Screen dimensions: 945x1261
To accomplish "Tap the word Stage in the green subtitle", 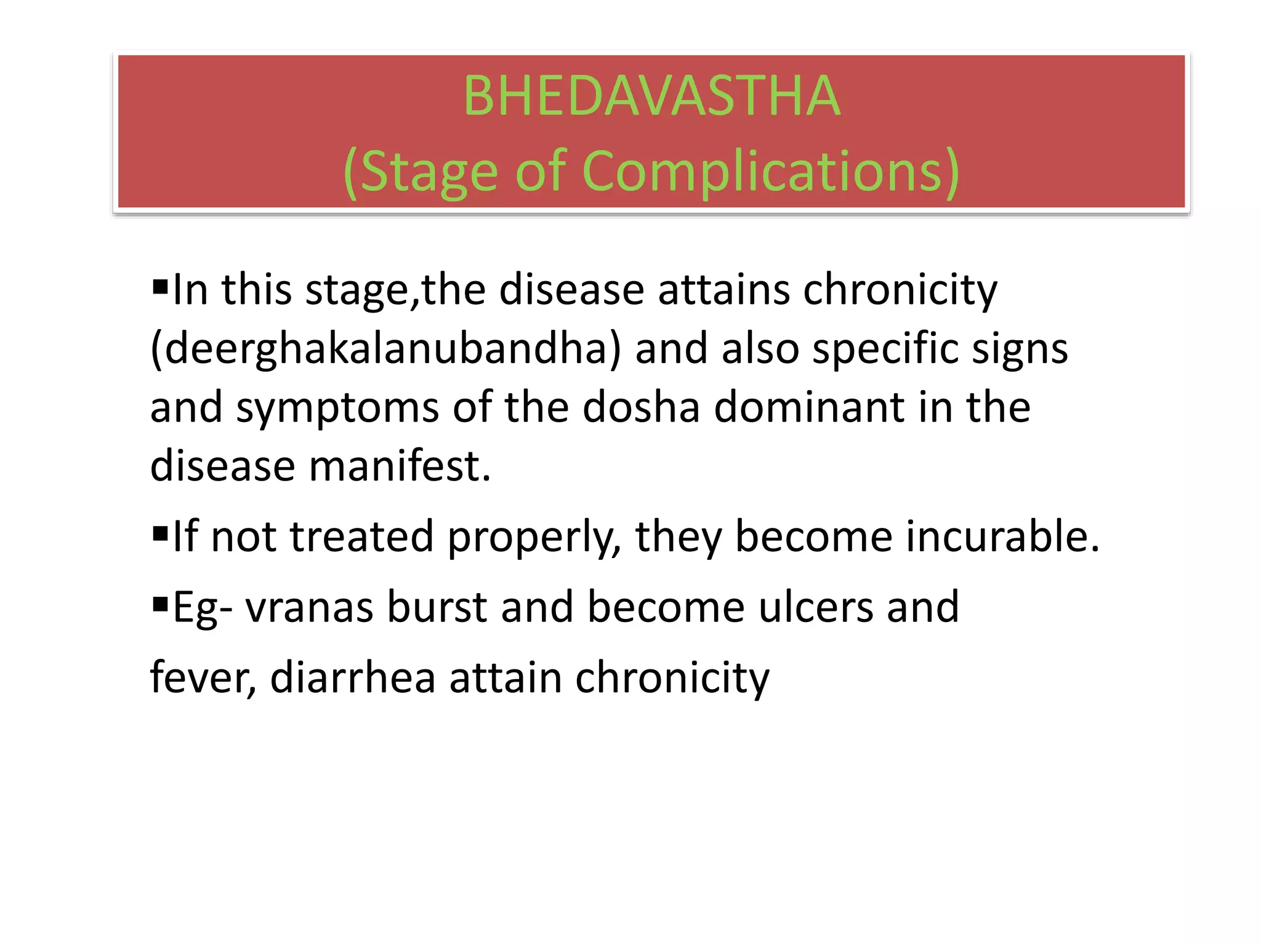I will pos(428,172).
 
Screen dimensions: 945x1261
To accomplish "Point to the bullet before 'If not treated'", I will pos(160,532).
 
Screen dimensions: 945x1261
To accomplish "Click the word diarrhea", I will pos(353,678).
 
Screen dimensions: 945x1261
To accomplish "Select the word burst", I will pos(437,607).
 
